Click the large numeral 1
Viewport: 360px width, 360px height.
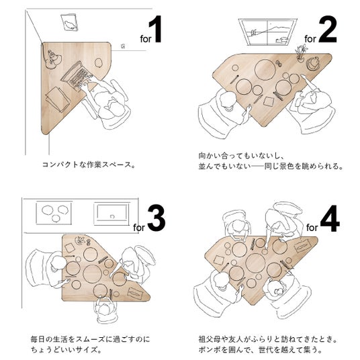(156, 29)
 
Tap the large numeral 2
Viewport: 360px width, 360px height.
(327, 30)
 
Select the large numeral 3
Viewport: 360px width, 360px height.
(156, 218)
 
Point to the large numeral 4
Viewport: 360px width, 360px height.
(330, 218)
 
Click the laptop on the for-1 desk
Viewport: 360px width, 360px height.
(78, 77)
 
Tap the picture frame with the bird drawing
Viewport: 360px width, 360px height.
(69, 22)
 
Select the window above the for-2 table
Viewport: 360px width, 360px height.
(268, 32)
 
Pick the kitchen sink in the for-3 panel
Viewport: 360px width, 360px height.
(111, 214)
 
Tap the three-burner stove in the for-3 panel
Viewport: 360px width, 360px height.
(54, 213)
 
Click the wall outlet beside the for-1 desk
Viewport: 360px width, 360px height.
(123, 46)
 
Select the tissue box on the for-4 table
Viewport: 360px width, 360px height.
(302, 247)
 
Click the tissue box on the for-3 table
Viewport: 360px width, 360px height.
(135, 292)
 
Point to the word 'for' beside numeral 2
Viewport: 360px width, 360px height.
(310, 39)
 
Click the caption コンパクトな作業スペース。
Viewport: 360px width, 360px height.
(89, 165)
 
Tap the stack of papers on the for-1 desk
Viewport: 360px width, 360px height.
(57, 99)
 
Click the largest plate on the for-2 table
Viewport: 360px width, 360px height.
(265, 69)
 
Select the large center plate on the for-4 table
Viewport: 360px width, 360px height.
(255, 263)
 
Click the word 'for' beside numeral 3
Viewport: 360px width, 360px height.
(139, 228)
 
